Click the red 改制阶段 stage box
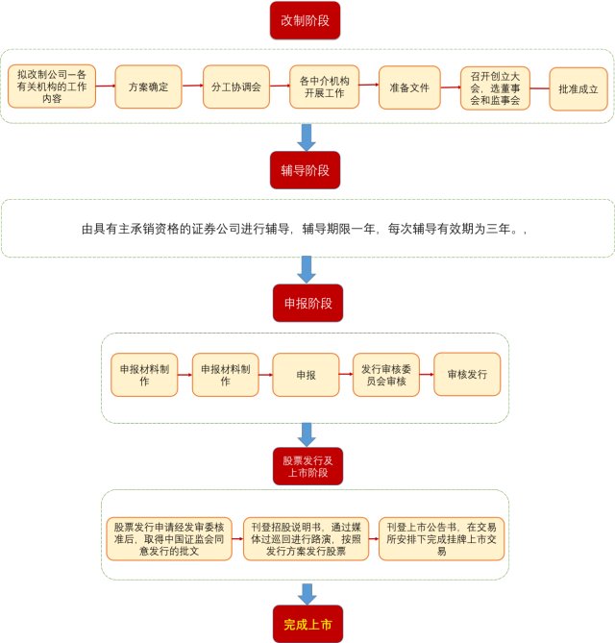click(x=305, y=20)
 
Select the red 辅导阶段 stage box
click(x=305, y=170)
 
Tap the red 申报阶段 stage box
click(x=307, y=303)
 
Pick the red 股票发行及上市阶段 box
click(x=306, y=466)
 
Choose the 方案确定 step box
click(x=149, y=87)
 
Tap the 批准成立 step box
click(x=578, y=87)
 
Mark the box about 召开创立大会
click(x=495, y=87)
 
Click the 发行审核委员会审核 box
click(x=386, y=375)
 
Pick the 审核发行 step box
click(x=467, y=375)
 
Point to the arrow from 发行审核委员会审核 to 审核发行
click(x=427, y=375)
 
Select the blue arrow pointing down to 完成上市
click(x=307, y=594)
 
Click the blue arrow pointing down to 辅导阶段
click(x=307, y=137)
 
